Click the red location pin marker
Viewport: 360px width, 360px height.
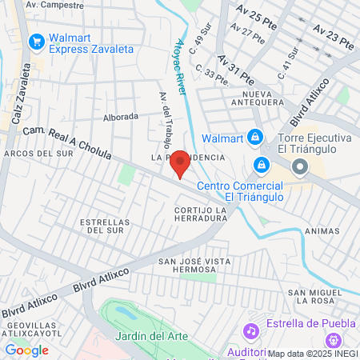181,163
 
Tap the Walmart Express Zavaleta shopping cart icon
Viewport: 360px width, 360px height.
35,42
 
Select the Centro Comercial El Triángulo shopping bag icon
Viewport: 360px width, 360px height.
261,166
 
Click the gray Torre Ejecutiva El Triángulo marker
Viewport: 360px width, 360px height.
300,166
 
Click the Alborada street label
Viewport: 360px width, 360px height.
122,117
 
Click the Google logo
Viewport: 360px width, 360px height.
26,350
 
